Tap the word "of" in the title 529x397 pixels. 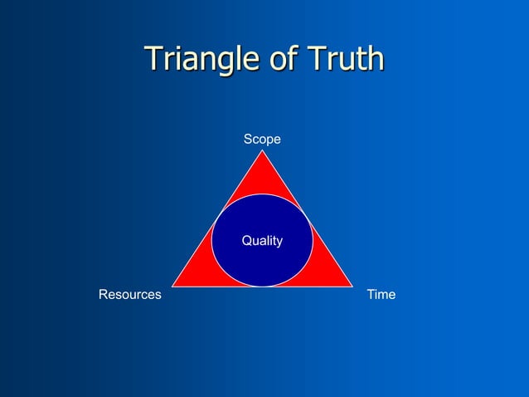[281, 59]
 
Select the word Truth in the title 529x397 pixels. [346, 59]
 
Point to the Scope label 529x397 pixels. [262, 140]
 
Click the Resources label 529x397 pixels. [130, 295]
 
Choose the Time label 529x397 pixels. [381, 295]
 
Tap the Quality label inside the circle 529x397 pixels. [262, 241]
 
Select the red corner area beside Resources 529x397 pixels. [196, 274]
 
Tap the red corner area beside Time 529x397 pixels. [329, 274]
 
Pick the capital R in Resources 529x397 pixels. [103, 295]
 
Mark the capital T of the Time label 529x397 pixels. [371, 295]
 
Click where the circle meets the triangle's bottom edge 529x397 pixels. [262, 287]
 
